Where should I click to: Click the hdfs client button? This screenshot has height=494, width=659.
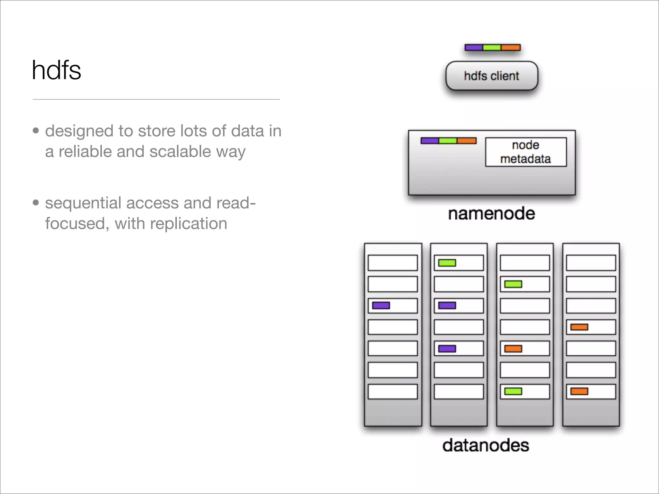pos(491,76)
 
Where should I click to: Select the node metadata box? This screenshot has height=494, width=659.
pos(525,152)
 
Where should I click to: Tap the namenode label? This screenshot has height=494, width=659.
pos(491,214)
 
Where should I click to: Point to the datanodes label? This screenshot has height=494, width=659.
pos(486,445)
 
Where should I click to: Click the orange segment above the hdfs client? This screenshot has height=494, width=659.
pos(511,48)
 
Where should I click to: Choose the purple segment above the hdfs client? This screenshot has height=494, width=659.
pos(474,48)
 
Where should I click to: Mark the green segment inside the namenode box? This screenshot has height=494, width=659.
pos(448,141)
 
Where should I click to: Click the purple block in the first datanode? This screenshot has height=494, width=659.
pos(381,305)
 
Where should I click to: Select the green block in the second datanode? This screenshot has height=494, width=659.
pos(447,263)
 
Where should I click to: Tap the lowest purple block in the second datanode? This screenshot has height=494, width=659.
pos(447,349)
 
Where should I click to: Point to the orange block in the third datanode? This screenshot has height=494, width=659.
pos(513,349)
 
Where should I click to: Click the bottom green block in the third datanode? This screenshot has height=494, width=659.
pos(513,391)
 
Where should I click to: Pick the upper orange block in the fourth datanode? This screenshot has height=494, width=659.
pos(579,327)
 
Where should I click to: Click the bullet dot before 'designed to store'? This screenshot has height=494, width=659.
pos(36,131)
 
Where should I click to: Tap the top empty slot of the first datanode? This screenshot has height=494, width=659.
pos(393,263)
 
